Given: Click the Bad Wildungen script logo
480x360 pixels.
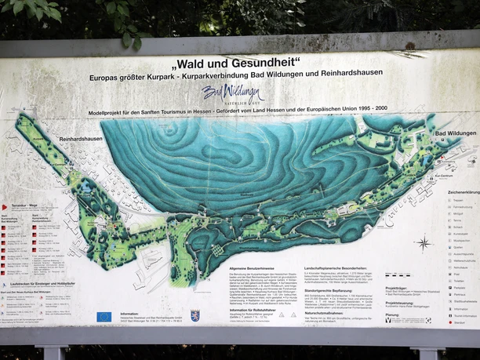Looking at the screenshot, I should [x=232, y=93].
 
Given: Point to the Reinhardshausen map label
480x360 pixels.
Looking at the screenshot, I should [x=80, y=138].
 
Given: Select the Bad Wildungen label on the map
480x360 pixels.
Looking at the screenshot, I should [x=455, y=133].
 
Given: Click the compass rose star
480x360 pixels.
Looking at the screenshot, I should [x=424, y=243].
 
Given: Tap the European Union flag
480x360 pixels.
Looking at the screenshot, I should [x=104, y=317].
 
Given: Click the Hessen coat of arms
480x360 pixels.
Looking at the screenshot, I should [x=195, y=315].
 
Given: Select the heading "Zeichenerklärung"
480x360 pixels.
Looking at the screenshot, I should [x=464, y=191].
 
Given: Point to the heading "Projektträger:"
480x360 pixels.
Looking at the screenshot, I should [x=397, y=287].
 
